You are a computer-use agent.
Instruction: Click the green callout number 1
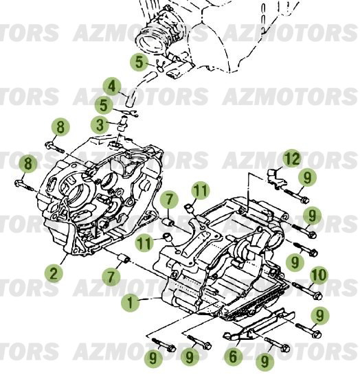[x=128, y=301]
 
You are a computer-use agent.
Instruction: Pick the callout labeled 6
[x=233, y=355]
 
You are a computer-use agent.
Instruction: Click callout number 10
[x=318, y=275]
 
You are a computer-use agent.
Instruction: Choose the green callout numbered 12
[x=293, y=159]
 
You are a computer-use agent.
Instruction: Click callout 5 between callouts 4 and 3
[x=104, y=105]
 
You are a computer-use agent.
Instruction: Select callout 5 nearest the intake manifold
[x=139, y=63]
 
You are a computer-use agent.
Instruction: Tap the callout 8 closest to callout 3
[x=60, y=126]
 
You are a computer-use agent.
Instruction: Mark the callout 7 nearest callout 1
[x=111, y=277]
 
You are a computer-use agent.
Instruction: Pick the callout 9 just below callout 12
[x=307, y=178]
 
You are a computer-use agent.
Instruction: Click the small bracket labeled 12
[x=275, y=176]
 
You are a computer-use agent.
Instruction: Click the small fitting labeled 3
[x=121, y=125]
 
